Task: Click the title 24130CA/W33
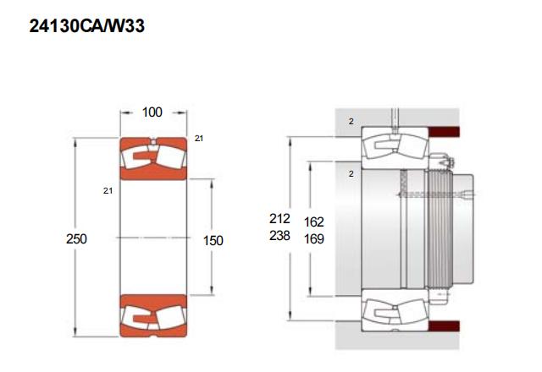click(x=86, y=26)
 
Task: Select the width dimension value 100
click(x=152, y=112)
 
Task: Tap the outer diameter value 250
click(x=76, y=238)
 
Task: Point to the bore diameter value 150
click(x=213, y=240)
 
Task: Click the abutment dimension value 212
click(x=279, y=218)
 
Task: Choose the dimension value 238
click(x=279, y=236)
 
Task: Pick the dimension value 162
click(x=314, y=222)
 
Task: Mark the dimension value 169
click(x=314, y=238)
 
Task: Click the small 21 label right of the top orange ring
click(x=199, y=139)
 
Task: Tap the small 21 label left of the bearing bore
click(x=108, y=190)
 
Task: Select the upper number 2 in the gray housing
click(x=351, y=122)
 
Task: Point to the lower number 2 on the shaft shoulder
click(x=351, y=173)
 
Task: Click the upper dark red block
click(x=444, y=132)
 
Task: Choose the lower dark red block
click(x=444, y=326)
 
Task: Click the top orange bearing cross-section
click(x=153, y=159)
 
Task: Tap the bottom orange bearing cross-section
click(x=153, y=315)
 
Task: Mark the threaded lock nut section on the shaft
click(x=439, y=228)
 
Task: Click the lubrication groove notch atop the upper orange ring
click(x=153, y=140)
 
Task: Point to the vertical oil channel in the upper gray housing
click(x=395, y=119)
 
